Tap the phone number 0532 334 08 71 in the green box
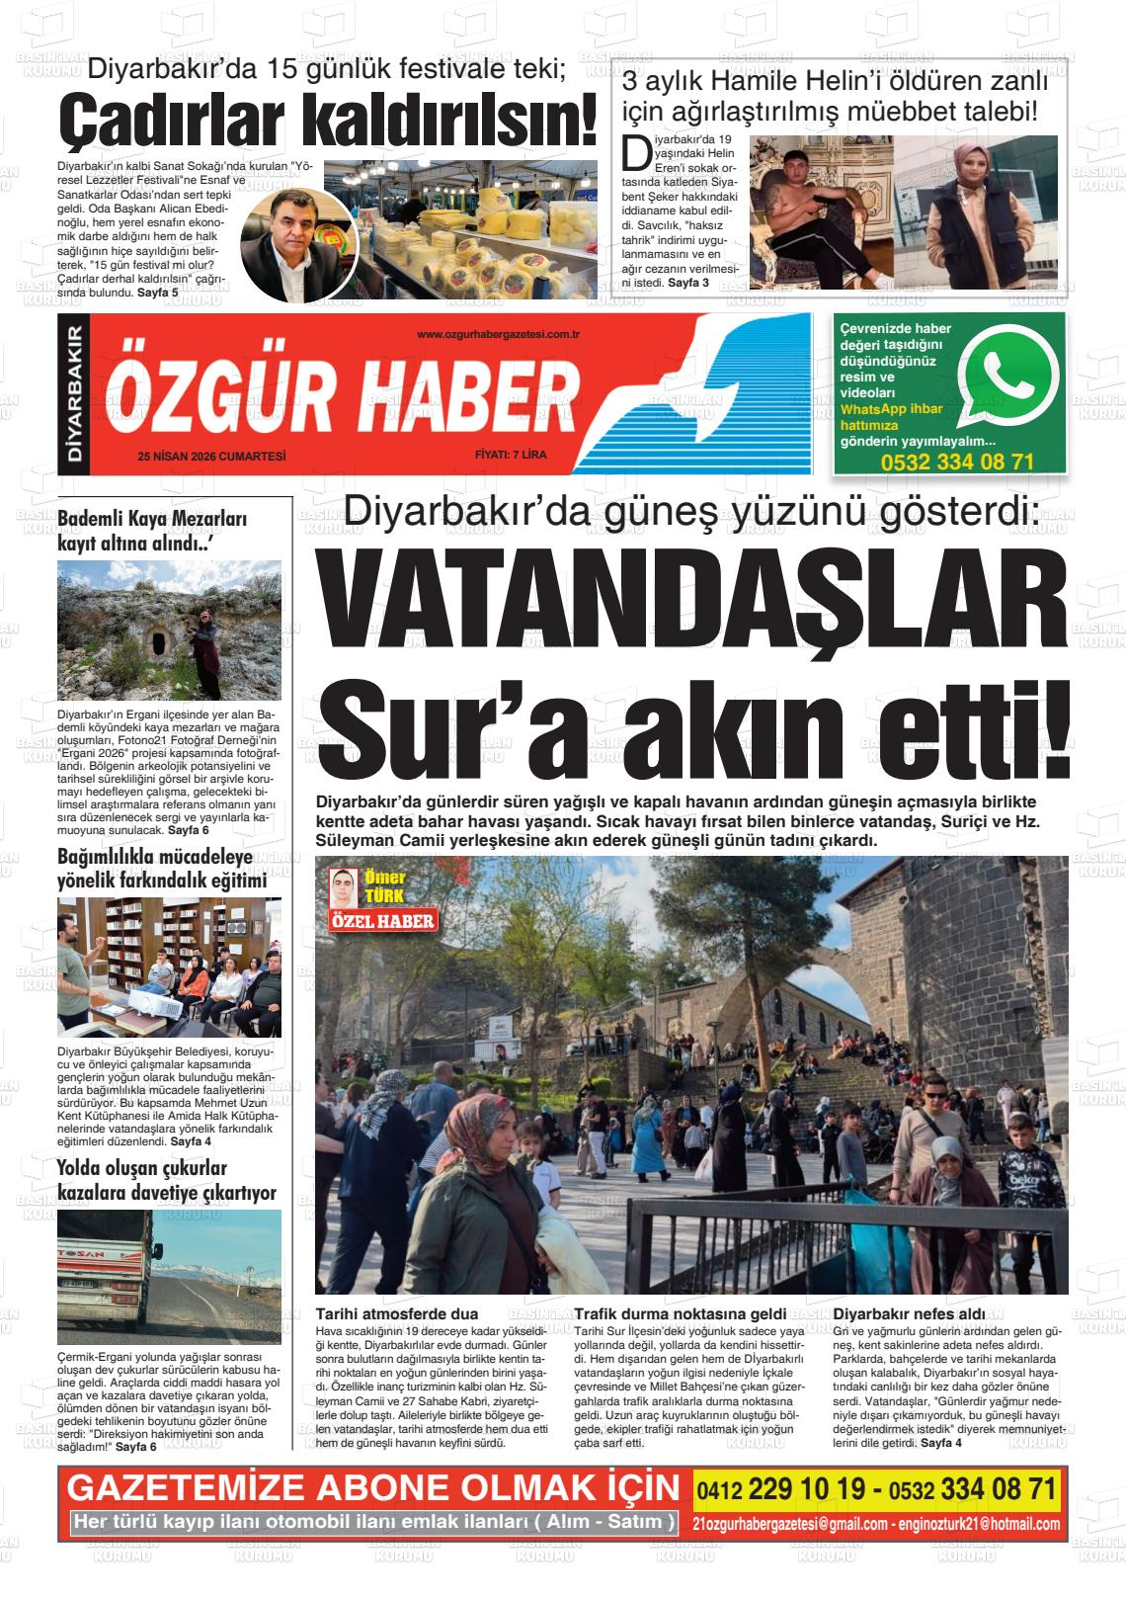[x=957, y=462]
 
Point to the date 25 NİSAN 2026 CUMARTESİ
[x=211, y=456]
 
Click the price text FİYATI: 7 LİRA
[x=510, y=456]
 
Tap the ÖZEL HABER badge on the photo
[x=382, y=922]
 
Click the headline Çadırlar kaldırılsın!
[x=328, y=121]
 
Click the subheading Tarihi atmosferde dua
[x=396, y=1313]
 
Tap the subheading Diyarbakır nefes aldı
[x=910, y=1313]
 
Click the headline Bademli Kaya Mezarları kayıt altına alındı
[x=152, y=531]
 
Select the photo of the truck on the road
[x=169, y=1275]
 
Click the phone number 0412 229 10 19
[x=784, y=1489]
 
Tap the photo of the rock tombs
[x=169, y=630]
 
